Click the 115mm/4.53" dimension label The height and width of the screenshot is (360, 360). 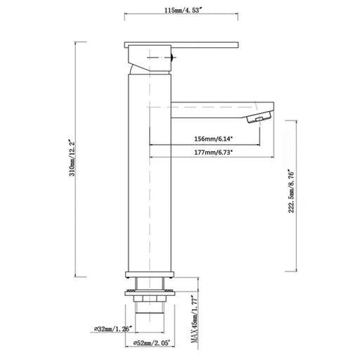(181, 11)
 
